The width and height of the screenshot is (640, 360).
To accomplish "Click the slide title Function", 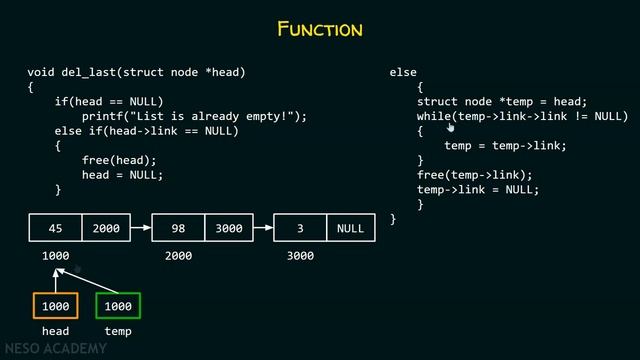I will pyautogui.click(x=320, y=29).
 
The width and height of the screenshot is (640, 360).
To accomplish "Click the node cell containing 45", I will pyautogui.click(x=55, y=228).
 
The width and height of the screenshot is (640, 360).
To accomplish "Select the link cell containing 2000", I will pyautogui.click(x=106, y=228).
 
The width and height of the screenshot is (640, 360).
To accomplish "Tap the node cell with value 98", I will pyautogui.click(x=178, y=228).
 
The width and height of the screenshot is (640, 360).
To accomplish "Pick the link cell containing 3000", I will pyautogui.click(x=229, y=228).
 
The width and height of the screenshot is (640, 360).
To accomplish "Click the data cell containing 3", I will pyautogui.click(x=300, y=228).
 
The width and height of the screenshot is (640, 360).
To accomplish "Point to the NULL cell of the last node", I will pyautogui.click(x=350, y=228).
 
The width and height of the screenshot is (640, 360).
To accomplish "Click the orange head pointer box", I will pyautogui.click(x=55, y=306).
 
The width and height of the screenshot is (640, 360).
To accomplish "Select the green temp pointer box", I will pyautogui.click(x=118, y=306).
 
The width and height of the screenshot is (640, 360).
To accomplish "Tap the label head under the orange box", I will pyautogui.click(x=55, y=331).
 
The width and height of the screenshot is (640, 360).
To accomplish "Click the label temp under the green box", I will pyautogui.click(x=118, y=331).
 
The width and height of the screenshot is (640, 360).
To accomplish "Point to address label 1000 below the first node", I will pyautogui.click(x=55, y=256).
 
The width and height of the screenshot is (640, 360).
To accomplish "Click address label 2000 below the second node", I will pyautogui.click(x=178, y=256).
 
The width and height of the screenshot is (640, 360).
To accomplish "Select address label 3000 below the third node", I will pyautogui.click(x=300, y=256).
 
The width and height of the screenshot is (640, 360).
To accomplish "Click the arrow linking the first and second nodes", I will pyautogui.click(x=141, y=228).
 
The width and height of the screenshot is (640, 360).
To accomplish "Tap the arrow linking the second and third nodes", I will pyautogui.click(x=263, y=228).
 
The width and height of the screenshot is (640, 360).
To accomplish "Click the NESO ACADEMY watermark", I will pyautogui.click(x=55, y=349).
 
